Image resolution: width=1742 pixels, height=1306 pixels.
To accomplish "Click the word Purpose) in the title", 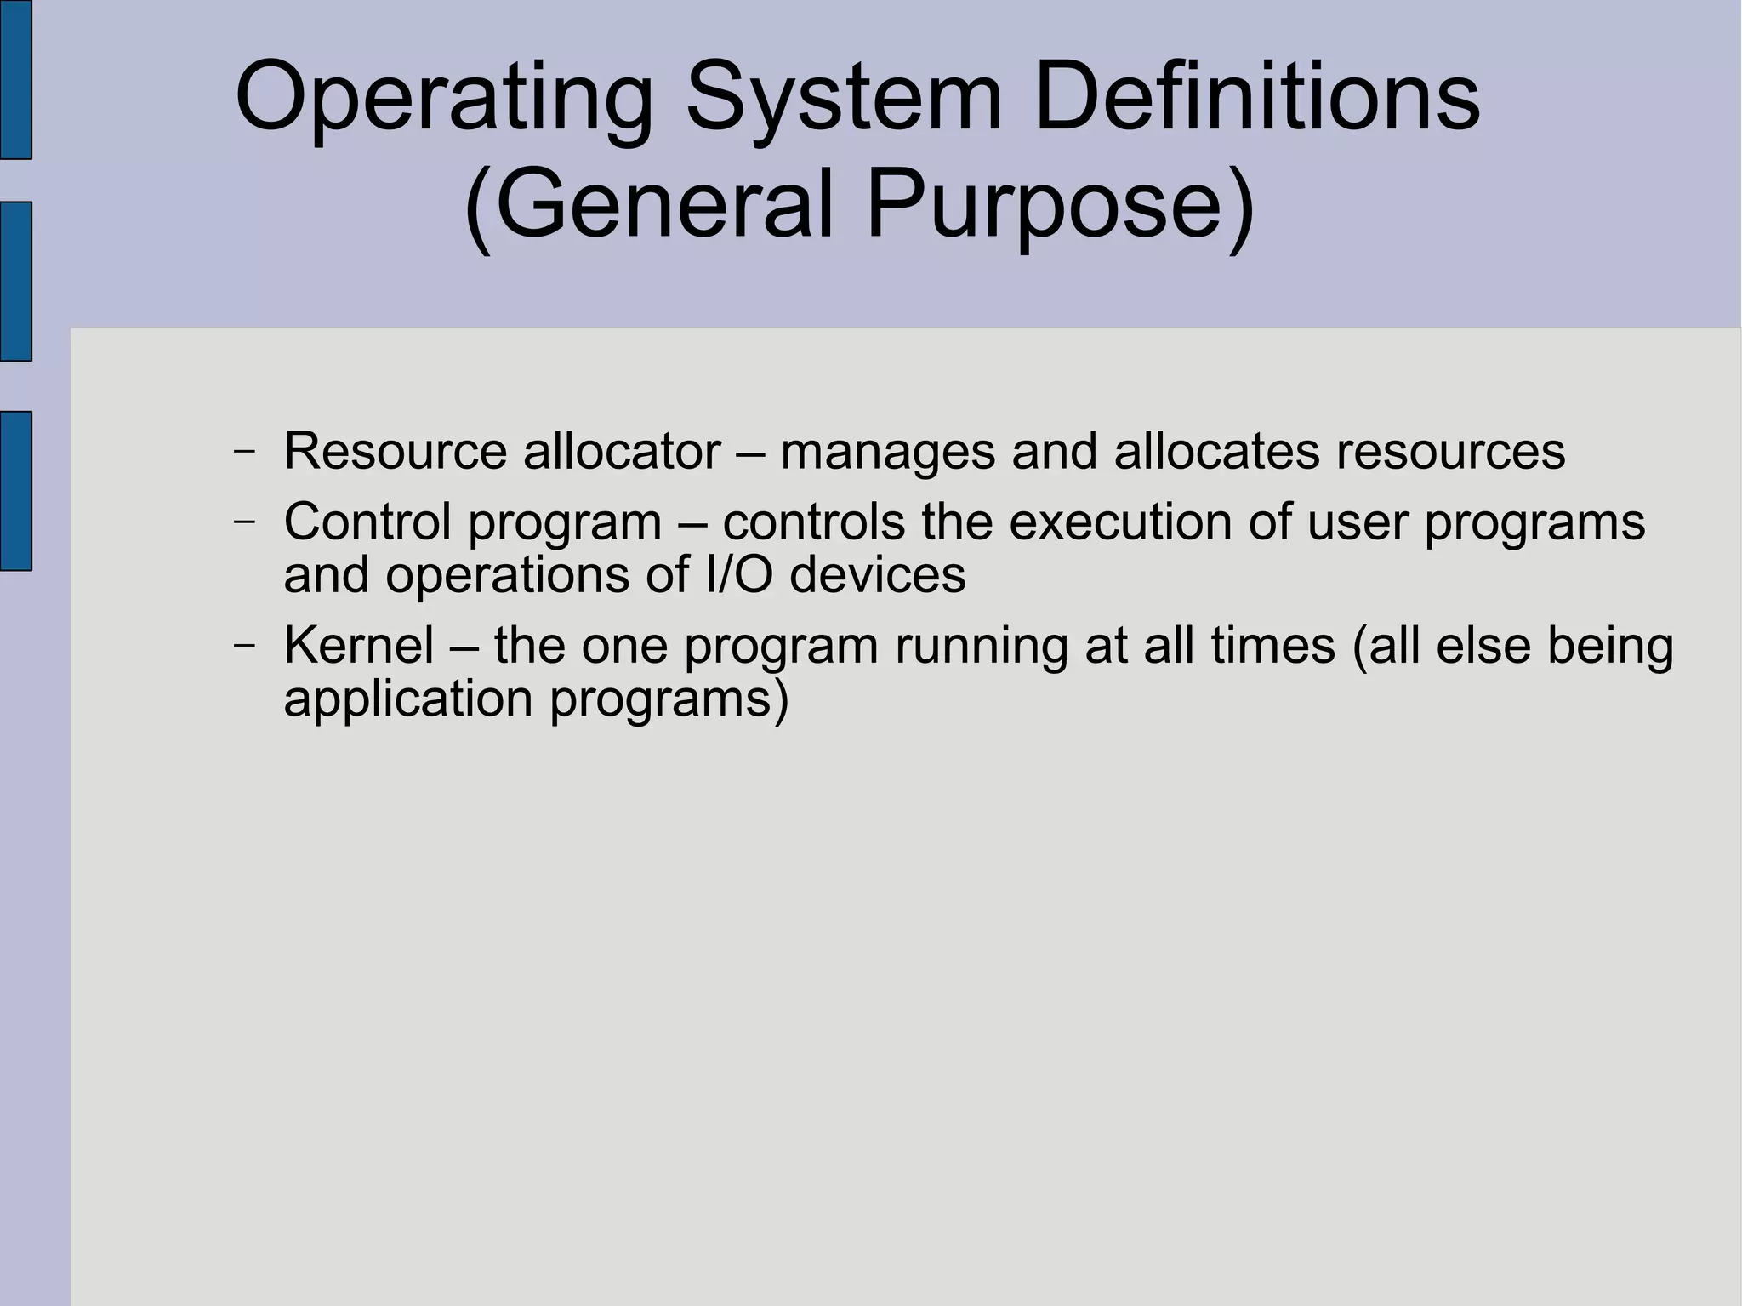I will (1059, 205).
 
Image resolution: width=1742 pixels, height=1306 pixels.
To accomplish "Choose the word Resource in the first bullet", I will (395, 450).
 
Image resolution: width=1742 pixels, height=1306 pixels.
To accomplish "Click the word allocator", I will (622, 450).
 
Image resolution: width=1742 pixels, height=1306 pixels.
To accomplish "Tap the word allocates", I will (1216, 450).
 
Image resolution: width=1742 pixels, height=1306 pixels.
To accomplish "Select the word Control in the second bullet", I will (367, 521).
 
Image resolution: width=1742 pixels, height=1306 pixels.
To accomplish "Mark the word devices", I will (878, 574).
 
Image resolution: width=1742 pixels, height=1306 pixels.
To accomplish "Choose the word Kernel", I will (359, 645).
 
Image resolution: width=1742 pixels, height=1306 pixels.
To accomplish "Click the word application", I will (407, 699).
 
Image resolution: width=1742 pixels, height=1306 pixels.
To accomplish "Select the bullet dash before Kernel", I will (244, 646).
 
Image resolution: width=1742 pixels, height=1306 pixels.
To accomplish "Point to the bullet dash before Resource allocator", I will (244, 451).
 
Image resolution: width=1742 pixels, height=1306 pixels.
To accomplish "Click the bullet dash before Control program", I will (244, 522).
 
